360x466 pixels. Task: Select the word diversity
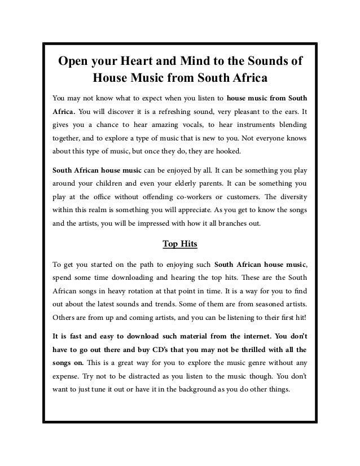pyautogui.click(x=287, y=197)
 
